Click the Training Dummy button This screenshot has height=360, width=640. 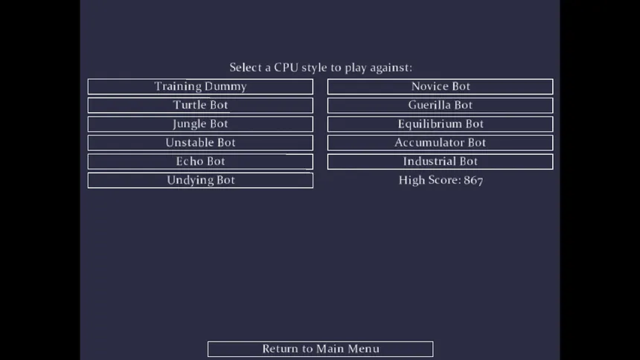pyautogui.click(x=200, y=86)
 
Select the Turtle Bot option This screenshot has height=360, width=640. pyautogui.click(x=200, y=106)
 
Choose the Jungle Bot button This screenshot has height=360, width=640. pyautogui.click(x=200, y=124)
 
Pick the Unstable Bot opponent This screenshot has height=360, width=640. pyautogui.click(x=200, y=143)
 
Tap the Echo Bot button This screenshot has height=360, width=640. pyautogui.click(x=200, y=161)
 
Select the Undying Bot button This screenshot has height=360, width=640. pyautogui.click(x=200, y=181)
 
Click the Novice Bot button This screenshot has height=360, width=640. pyautogui.click(x=441, y=86)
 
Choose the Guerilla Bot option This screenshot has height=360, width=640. pyautogui.click(x=441, y=106)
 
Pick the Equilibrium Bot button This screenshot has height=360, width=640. pyautogui.click(x=441, y=124)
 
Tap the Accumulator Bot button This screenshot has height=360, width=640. pyautogui.click(x=441, y=143)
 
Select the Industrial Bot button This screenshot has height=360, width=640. pyautogui.click(x=441, y=161)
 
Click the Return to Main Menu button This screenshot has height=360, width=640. pyautogui.click(x=321, y=349)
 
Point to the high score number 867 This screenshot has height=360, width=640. pyautogui.click(x=473, y=181)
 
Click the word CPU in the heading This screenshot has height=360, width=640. pyautogui.click(x=286, y=68)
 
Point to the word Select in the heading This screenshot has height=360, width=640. pyautogui.click(x=246, y=68)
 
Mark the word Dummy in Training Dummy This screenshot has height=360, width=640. pyautogui.click(x=225, y=87)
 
